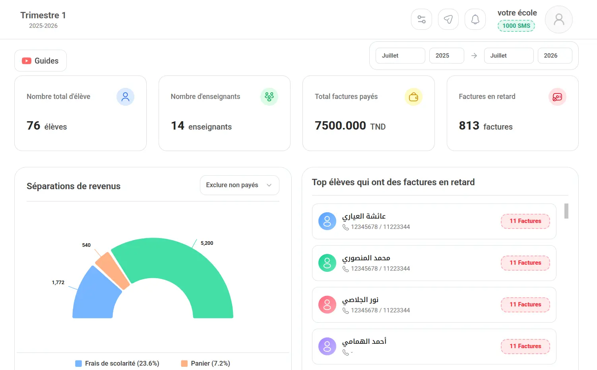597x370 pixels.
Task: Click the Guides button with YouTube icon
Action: click(41, 61)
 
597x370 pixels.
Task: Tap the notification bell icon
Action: click(475, 19)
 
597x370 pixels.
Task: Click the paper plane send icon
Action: click(448, 19)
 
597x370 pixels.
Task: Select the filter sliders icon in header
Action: click(421, 19)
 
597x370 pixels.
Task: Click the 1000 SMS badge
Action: click(516, 26)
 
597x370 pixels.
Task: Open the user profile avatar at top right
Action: click(558, 19)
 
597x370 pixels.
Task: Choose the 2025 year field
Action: click(446, 56)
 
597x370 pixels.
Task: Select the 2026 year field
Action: click(554, 56)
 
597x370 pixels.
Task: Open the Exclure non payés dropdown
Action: click(240, 185)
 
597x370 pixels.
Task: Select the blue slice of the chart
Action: click(96, 296)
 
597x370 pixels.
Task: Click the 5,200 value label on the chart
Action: click(207, 243)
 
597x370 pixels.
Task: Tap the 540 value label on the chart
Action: click(86, 245)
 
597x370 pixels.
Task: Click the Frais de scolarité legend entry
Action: click(117, 363)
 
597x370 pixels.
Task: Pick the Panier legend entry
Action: click(205, 363)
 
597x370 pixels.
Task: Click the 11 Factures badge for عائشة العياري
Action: click(525, 221)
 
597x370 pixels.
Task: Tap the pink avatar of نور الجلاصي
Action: click(327, 304)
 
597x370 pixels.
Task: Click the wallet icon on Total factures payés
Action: click(413, 97)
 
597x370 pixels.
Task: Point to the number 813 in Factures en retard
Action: click(469, 126)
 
